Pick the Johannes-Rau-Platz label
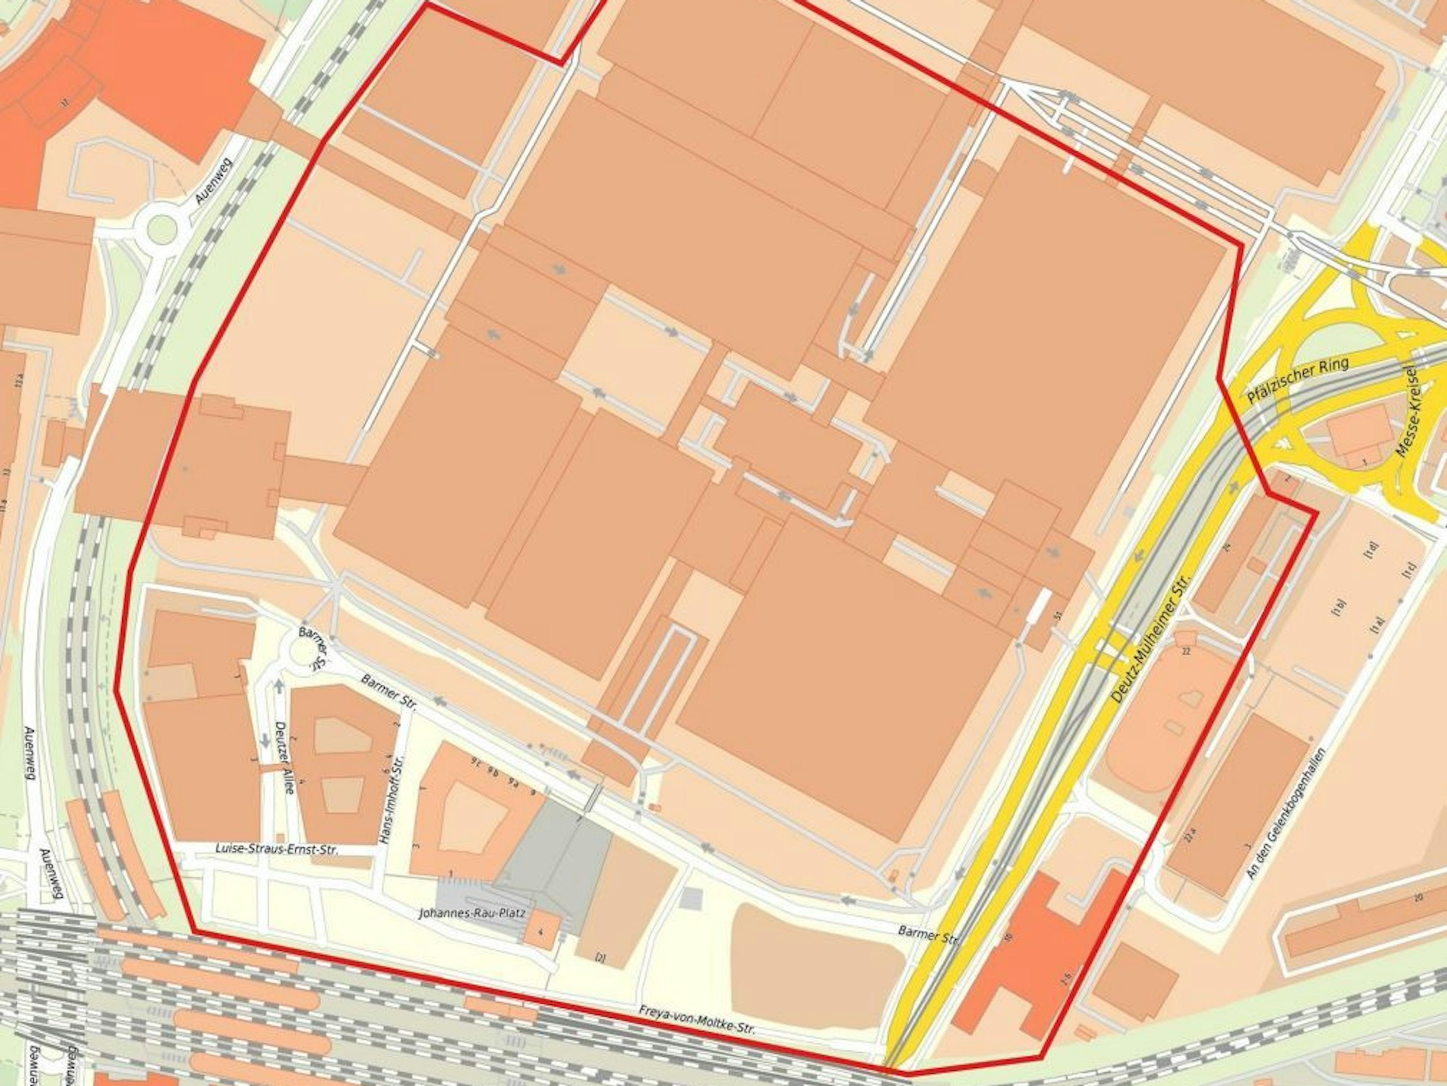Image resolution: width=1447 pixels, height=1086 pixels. point(472,914)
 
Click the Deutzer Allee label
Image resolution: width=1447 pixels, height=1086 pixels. point(286,757)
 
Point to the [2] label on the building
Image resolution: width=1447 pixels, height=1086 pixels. point(600,958)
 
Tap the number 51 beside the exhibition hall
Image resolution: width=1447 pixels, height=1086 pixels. point(1058,616)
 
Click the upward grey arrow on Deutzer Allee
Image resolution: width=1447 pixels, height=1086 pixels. point(279,684)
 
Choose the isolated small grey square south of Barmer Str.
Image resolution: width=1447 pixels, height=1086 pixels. point(692,898)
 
